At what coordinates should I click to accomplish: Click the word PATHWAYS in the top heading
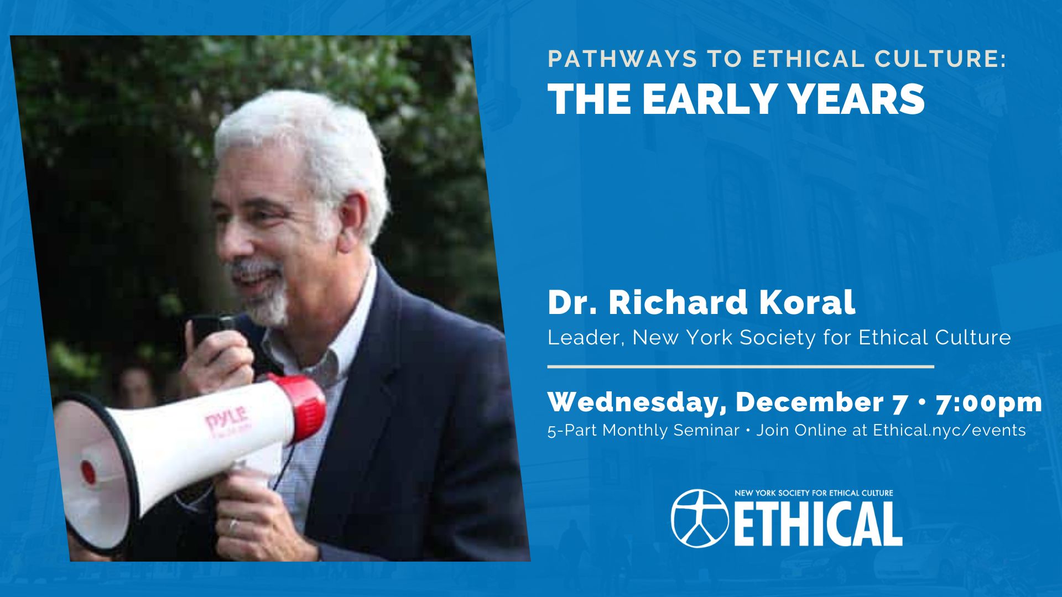point(622,59)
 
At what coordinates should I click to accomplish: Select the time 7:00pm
point(989,403)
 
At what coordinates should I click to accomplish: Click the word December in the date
point(809,402)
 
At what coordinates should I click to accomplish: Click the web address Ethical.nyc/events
point(949,430)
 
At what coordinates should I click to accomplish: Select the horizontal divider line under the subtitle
point(741,366)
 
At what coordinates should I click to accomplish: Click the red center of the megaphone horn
point(88,472)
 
